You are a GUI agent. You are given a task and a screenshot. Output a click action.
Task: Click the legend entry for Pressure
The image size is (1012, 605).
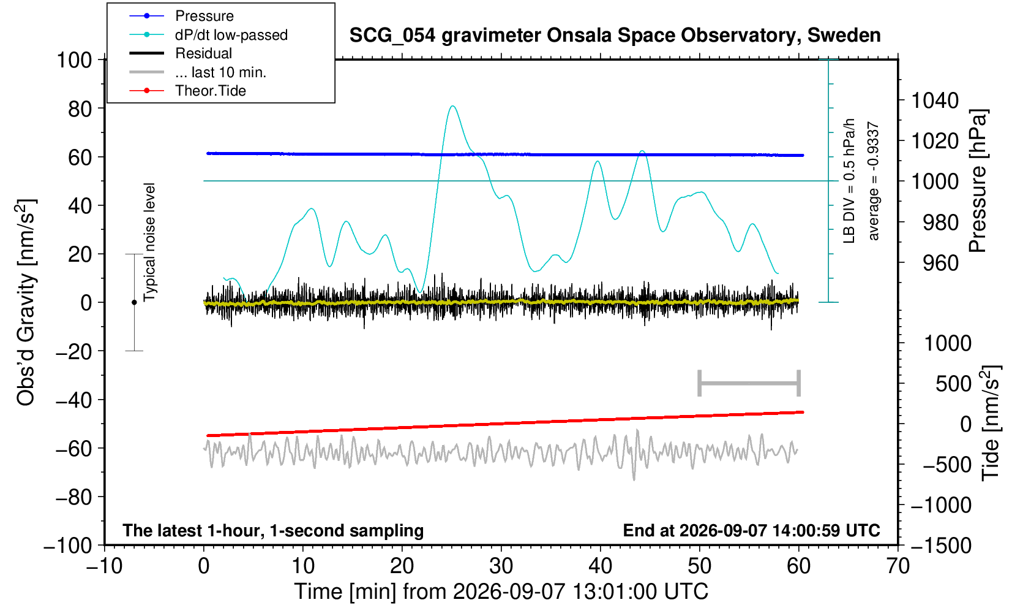point(182,16)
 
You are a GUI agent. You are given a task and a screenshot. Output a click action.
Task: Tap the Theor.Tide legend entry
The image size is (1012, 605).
point(188,91)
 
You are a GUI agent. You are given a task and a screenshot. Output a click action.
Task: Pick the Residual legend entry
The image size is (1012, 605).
point(181,53)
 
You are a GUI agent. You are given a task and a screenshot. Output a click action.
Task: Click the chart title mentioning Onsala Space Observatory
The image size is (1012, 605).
point(615,35)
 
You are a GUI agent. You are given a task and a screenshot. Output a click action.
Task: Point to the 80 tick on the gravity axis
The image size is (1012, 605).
point(80,108)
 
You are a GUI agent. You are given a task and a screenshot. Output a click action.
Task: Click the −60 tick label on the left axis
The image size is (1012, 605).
point(73,449)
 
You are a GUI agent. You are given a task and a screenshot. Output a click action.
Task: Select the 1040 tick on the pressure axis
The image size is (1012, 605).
point(935,100)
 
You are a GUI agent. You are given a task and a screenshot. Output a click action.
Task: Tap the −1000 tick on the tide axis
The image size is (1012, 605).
point(941,504)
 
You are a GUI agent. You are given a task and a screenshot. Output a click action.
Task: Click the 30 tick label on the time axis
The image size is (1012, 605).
point(501,566)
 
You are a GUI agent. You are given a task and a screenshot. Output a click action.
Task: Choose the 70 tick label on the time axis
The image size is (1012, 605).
point(898,566)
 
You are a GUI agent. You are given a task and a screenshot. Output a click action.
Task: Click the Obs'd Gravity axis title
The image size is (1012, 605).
point(26,302)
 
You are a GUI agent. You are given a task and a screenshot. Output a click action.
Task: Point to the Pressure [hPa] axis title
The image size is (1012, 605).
point(978,181)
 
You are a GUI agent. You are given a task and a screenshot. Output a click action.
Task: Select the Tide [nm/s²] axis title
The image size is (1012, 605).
point(990,424)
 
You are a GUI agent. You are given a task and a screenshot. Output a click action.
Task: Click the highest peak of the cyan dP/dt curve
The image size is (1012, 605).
point(452,106)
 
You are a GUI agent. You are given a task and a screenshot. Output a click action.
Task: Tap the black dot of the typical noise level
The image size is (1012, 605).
point(134,302)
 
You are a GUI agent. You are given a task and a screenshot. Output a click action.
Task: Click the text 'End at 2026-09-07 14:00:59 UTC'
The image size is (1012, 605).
point(751,530)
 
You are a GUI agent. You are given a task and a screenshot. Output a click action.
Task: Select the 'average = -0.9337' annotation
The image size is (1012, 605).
point(873,181)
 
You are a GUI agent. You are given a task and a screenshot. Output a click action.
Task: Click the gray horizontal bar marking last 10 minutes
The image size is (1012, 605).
point(749,383)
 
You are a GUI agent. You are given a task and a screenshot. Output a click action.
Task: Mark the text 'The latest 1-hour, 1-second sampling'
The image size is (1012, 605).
point(273,530)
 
